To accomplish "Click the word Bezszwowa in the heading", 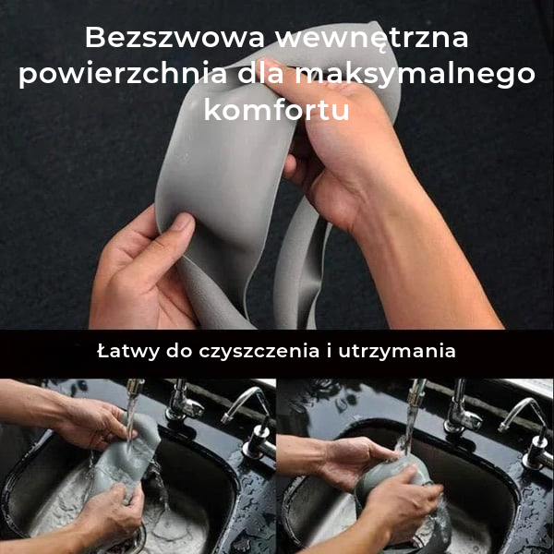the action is coord(175,38).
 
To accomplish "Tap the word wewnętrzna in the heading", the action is coord(372,39).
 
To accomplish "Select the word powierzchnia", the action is coord(123,75).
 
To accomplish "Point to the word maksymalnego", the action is coord(415,76).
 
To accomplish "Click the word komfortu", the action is coord(277,110).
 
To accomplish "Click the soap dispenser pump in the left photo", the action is coord(259,441).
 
